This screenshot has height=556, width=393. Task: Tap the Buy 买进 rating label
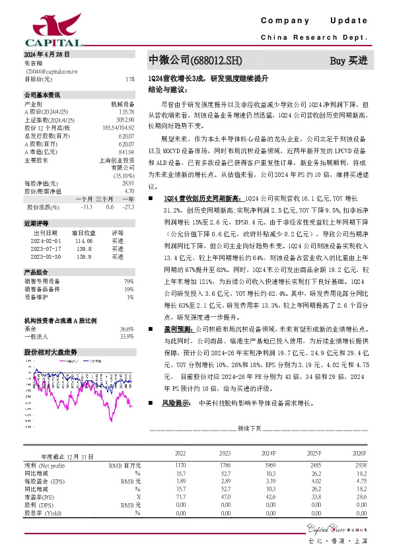point(348,60)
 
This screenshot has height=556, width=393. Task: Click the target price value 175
point(129,79)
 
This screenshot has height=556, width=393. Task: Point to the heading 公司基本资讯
point(42,94)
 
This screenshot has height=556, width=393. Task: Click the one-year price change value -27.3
point(127,207)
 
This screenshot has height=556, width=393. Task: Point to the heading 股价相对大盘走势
point(50,352)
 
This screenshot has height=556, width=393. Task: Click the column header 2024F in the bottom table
point(269,454)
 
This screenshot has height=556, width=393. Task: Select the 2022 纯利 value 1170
point(180,466)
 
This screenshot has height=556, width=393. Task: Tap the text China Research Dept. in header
point(314,38)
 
